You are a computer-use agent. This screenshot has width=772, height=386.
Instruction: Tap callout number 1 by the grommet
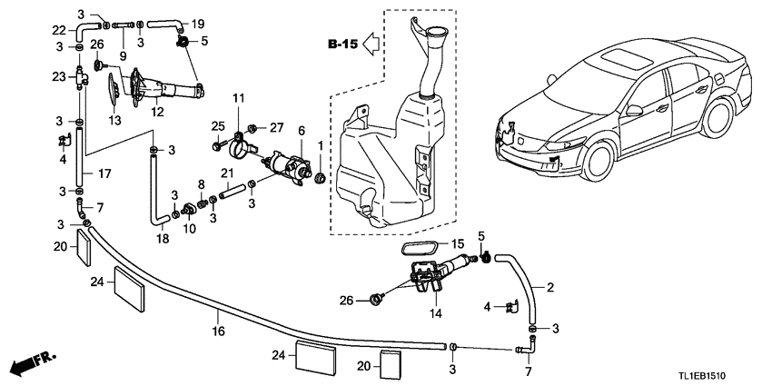point(321,145)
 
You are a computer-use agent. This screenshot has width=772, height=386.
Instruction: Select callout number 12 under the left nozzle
point(157,113)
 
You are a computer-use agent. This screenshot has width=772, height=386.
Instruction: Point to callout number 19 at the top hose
point(198,24)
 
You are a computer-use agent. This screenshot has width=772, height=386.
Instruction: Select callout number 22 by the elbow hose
point(59,29)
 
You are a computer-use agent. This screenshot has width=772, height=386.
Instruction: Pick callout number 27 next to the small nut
point(277,127)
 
